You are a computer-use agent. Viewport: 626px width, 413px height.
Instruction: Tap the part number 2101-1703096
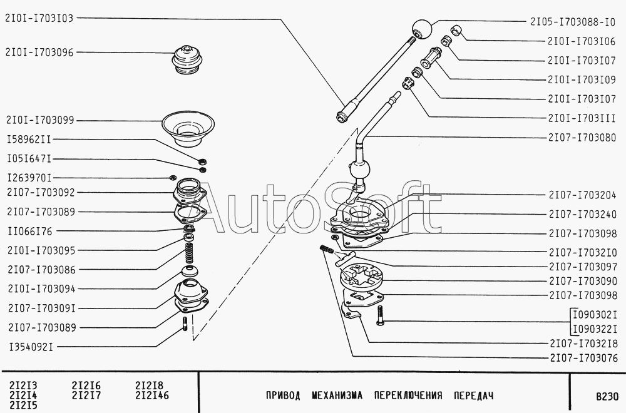39,53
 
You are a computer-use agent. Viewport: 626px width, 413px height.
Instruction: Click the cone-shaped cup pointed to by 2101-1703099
188,130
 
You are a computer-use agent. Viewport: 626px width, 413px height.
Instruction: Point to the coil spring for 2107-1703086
189,255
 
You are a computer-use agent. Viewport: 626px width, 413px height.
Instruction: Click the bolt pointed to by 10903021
380,315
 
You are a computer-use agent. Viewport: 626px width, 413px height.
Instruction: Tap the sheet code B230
607,396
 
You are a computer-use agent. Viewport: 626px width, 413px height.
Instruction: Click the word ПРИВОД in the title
283,395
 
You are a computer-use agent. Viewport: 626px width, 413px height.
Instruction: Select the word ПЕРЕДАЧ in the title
473,395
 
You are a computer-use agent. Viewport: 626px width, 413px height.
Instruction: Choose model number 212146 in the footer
152,395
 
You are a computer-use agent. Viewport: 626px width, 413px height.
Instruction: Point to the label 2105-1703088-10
573,22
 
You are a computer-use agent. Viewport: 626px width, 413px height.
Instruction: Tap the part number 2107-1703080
582,138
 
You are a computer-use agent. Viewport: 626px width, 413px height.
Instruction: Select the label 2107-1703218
583,344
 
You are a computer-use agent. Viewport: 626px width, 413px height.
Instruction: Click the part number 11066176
30,231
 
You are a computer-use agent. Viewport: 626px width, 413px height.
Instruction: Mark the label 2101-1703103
39,18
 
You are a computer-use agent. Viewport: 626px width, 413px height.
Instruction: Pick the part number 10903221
595,329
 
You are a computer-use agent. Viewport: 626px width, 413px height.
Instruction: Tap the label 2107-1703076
583,358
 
